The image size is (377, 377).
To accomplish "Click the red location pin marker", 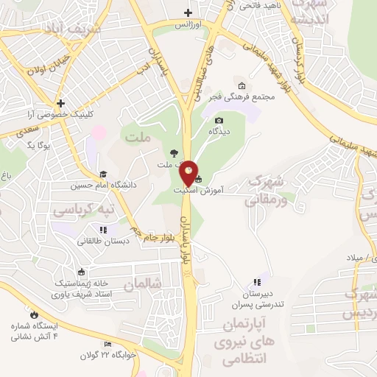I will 189,174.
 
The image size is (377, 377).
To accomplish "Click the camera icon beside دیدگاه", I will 219,121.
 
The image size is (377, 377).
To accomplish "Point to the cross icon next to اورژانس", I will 189,12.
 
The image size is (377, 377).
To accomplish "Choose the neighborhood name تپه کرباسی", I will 83,210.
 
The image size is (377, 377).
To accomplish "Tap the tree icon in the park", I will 173,153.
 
